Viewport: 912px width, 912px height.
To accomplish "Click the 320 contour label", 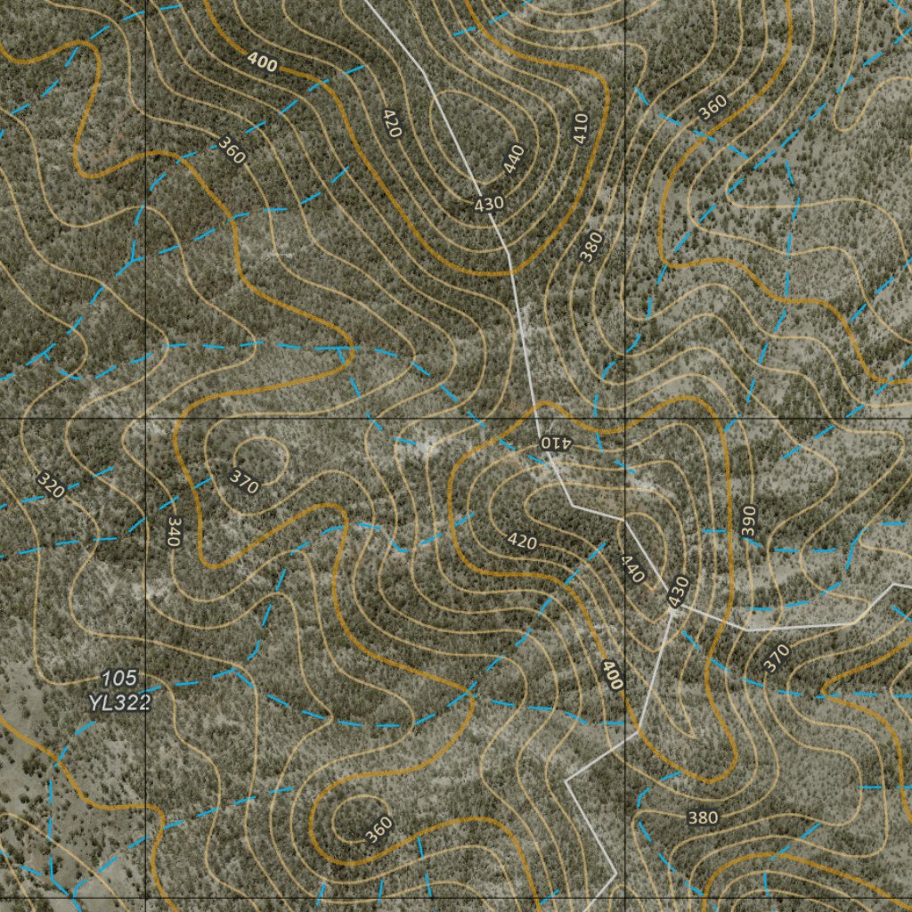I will [x=51, y=485].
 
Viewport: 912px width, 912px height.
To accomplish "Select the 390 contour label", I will [x=748, y=521].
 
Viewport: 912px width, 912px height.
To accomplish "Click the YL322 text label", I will [x=119, y=703].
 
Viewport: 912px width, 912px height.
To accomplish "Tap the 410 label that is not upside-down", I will [x=582, y=130].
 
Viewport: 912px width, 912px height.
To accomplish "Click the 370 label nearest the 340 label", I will [x=243, y=482].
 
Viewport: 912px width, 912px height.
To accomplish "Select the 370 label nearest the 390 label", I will [x=776, y=658].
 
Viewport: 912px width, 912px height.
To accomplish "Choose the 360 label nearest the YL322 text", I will [x=379, y=830].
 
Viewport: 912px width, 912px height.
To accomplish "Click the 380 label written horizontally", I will [x=703, y=818].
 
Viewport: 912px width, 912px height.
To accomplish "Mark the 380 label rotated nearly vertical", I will [x=591, y=247].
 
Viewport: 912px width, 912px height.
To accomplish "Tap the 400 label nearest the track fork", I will [x=612, y=675].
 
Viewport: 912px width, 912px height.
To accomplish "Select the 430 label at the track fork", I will [x=679, y=592].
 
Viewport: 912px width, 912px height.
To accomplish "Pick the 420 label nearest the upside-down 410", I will [x=522, y=541].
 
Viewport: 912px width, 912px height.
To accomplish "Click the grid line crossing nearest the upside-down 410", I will [x=624, y=418].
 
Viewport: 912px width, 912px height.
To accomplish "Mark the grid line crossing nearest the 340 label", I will [x=145, y=418].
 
